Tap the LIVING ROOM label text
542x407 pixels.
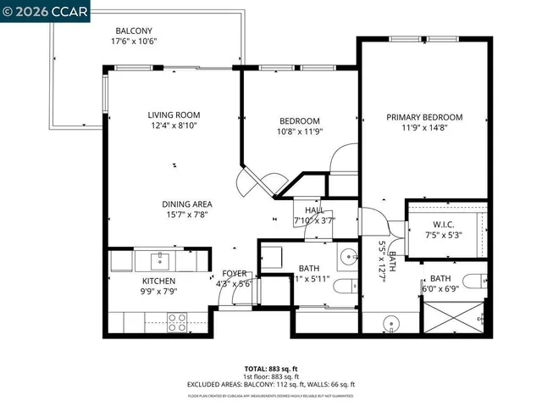[x=174, y=115]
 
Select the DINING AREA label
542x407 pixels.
[x=187, y=204]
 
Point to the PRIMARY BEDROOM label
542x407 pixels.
[x=424, y=117]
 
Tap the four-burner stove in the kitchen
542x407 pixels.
[x=177, y=321]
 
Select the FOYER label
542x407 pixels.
[x=235, y=274]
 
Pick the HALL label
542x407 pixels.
[x=314, y=209]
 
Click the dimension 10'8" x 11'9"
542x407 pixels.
[x=300, y=131]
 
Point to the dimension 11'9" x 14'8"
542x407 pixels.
[x=424, y=129]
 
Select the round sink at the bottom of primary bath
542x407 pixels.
[x=392, y=322]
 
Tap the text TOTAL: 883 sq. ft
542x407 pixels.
[x=270, y=368]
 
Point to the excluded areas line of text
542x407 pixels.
[x=270, y=384]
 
